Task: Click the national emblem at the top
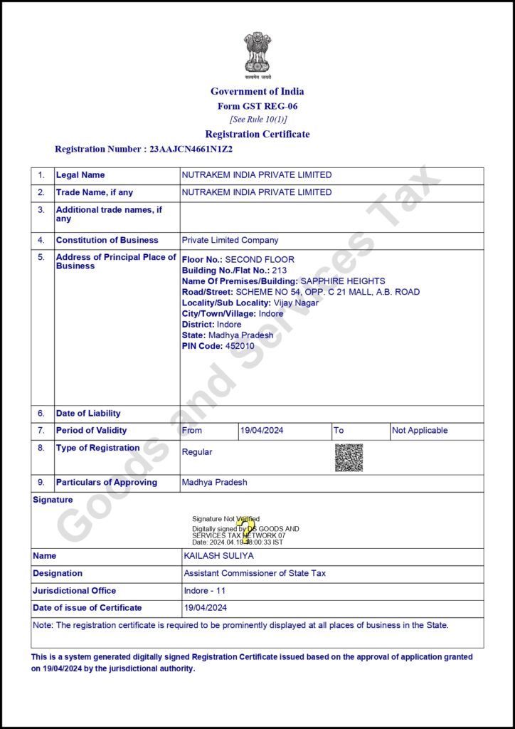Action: (257, 53)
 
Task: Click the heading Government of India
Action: (257, 91)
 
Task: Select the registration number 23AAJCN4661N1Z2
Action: (191, 150)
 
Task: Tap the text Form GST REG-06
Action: (257, 106)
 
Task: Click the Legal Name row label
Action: (80, 175)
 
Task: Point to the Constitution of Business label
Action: (107, 241)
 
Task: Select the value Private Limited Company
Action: (230, 241)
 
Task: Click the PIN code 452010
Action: (240, 346)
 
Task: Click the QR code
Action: (349, 458)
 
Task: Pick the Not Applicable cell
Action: (420, 431)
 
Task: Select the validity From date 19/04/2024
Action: (263, 431)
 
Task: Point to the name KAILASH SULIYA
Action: (218, 556)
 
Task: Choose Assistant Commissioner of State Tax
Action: (255, 574)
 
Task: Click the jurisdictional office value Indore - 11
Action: (205, 591)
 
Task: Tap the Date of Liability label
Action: (88, 414)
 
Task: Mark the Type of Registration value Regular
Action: (197, 452)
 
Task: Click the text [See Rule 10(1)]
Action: (257, 119)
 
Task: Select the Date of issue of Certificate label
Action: (87, 608)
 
